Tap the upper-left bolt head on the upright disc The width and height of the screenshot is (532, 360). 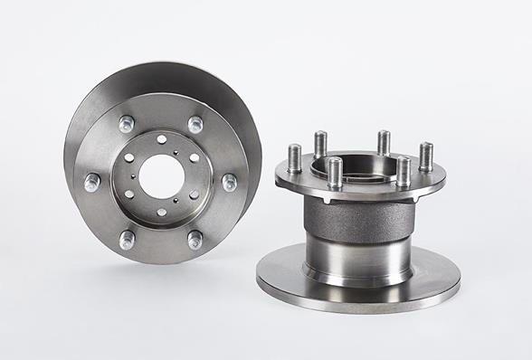(x=126, y=122)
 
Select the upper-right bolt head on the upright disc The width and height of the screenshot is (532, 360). (x=195, y=124)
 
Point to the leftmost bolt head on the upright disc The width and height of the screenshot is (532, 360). (x=92, y=182)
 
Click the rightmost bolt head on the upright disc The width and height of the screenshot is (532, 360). (x=229, y=182)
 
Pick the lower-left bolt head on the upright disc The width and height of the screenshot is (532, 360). (x=127, y=239)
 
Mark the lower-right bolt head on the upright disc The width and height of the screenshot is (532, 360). (x=195, y=240)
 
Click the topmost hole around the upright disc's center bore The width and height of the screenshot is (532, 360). (x=161, y=138)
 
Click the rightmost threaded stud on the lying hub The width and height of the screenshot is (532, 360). (x=425, y=155)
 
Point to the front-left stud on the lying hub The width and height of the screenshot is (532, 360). (x=335, y=171)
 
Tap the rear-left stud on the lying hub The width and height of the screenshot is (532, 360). (x=320, y=143)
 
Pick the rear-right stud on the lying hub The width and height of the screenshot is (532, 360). (x=384, y=142)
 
